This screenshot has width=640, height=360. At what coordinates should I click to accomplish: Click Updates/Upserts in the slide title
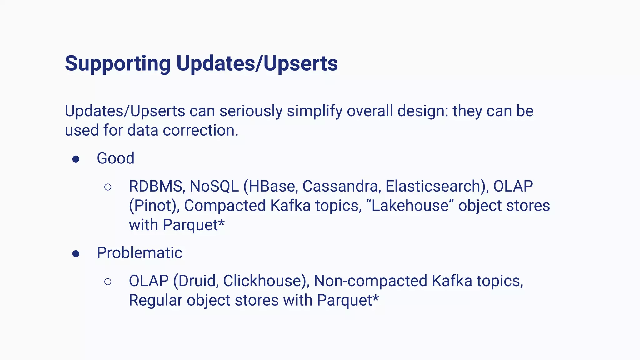[x=257, y=63]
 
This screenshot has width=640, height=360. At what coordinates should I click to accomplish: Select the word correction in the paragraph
[x=200, y=130]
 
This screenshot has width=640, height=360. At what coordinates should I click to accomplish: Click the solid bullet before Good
[x=76, y=159]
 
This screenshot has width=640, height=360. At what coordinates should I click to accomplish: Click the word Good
[x=116, y=158]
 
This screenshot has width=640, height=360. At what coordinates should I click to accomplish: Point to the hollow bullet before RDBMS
[x=108, y=187]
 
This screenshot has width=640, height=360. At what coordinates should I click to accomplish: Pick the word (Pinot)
[x=154, y=206]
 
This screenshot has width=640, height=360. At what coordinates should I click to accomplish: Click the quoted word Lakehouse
[x=410, y=206]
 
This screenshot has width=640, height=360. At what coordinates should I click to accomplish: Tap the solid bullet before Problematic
[x=76, y=254]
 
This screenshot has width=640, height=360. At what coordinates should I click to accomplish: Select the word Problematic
[x=139, y=253]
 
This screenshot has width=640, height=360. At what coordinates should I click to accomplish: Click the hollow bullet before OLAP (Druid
[x=108, y=282]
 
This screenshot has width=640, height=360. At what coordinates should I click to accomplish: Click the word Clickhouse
[x=266, y=281]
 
